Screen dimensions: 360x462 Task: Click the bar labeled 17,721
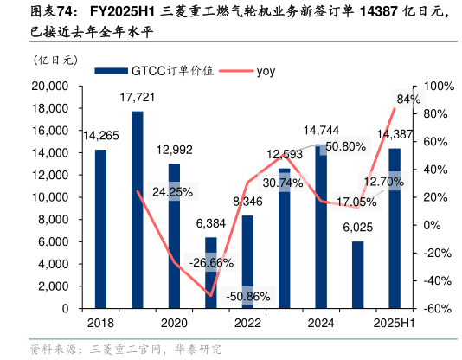[138, 209]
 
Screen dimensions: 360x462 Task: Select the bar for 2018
[100, 228]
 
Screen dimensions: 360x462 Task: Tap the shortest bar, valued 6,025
[358, 274]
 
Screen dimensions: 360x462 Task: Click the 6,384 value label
[211, 223]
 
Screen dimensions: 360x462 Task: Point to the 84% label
[408, 100]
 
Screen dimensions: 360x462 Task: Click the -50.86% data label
[247, 296]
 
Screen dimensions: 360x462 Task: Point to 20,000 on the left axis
[49, 86]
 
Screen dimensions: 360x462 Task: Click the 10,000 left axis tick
[49, 197]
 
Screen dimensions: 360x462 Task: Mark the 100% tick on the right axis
[433, 86]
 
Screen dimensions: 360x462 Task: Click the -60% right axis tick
[433, 308]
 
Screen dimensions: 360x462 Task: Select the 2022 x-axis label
[247, 323]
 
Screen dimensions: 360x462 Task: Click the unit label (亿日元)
[55, 61]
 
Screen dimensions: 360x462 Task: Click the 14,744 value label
[321, 131]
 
